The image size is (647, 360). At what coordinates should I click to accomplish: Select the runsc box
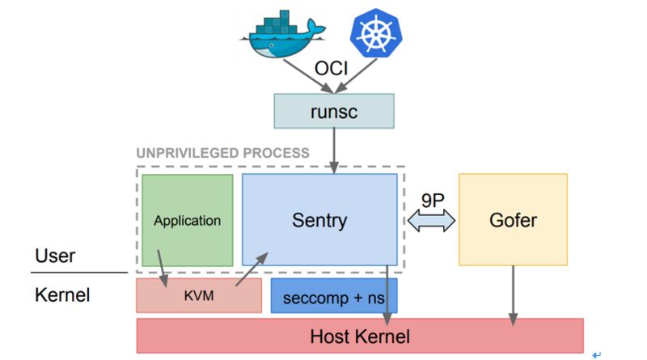pos(333,111)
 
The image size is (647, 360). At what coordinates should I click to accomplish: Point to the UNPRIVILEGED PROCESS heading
pos(222,153)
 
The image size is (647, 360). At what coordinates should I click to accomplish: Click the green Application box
pos(187,220)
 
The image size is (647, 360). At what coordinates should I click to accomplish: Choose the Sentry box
pos(319,219)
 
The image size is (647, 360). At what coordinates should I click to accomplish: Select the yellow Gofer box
pos(513,219)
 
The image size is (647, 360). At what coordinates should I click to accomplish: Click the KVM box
pos(199,296)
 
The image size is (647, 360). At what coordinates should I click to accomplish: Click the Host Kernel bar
pos(360,336)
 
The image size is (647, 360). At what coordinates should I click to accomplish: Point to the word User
pos(55,256)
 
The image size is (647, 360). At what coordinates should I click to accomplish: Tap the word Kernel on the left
pos(61,295)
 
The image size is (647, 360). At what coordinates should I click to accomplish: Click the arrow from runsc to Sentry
pos(333,150)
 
